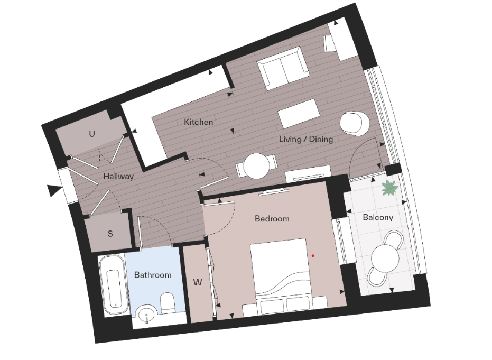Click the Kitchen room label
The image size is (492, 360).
coord(198,122)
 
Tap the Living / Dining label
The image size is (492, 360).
coord(306,140)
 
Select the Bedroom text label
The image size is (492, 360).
coord(272,218)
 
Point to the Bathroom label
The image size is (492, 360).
coord(153,275)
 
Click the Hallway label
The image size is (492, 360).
coord(118,177)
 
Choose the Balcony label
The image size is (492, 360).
coord(377,217)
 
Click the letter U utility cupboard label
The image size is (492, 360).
coord(91,134)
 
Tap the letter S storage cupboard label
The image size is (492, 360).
coord(110,233)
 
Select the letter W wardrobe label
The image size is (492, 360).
coord(197,283)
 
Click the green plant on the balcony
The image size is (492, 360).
coord(389,187)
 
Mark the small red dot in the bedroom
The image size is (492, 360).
coord(313,256)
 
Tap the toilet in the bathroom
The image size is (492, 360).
coord(168,303)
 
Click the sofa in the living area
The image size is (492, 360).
coord(282,68)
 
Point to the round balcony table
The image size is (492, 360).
coord(385,259)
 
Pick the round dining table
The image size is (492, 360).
coord(256,166)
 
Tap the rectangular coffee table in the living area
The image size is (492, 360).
coord(299,113)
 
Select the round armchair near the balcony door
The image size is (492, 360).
coord(354,123)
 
